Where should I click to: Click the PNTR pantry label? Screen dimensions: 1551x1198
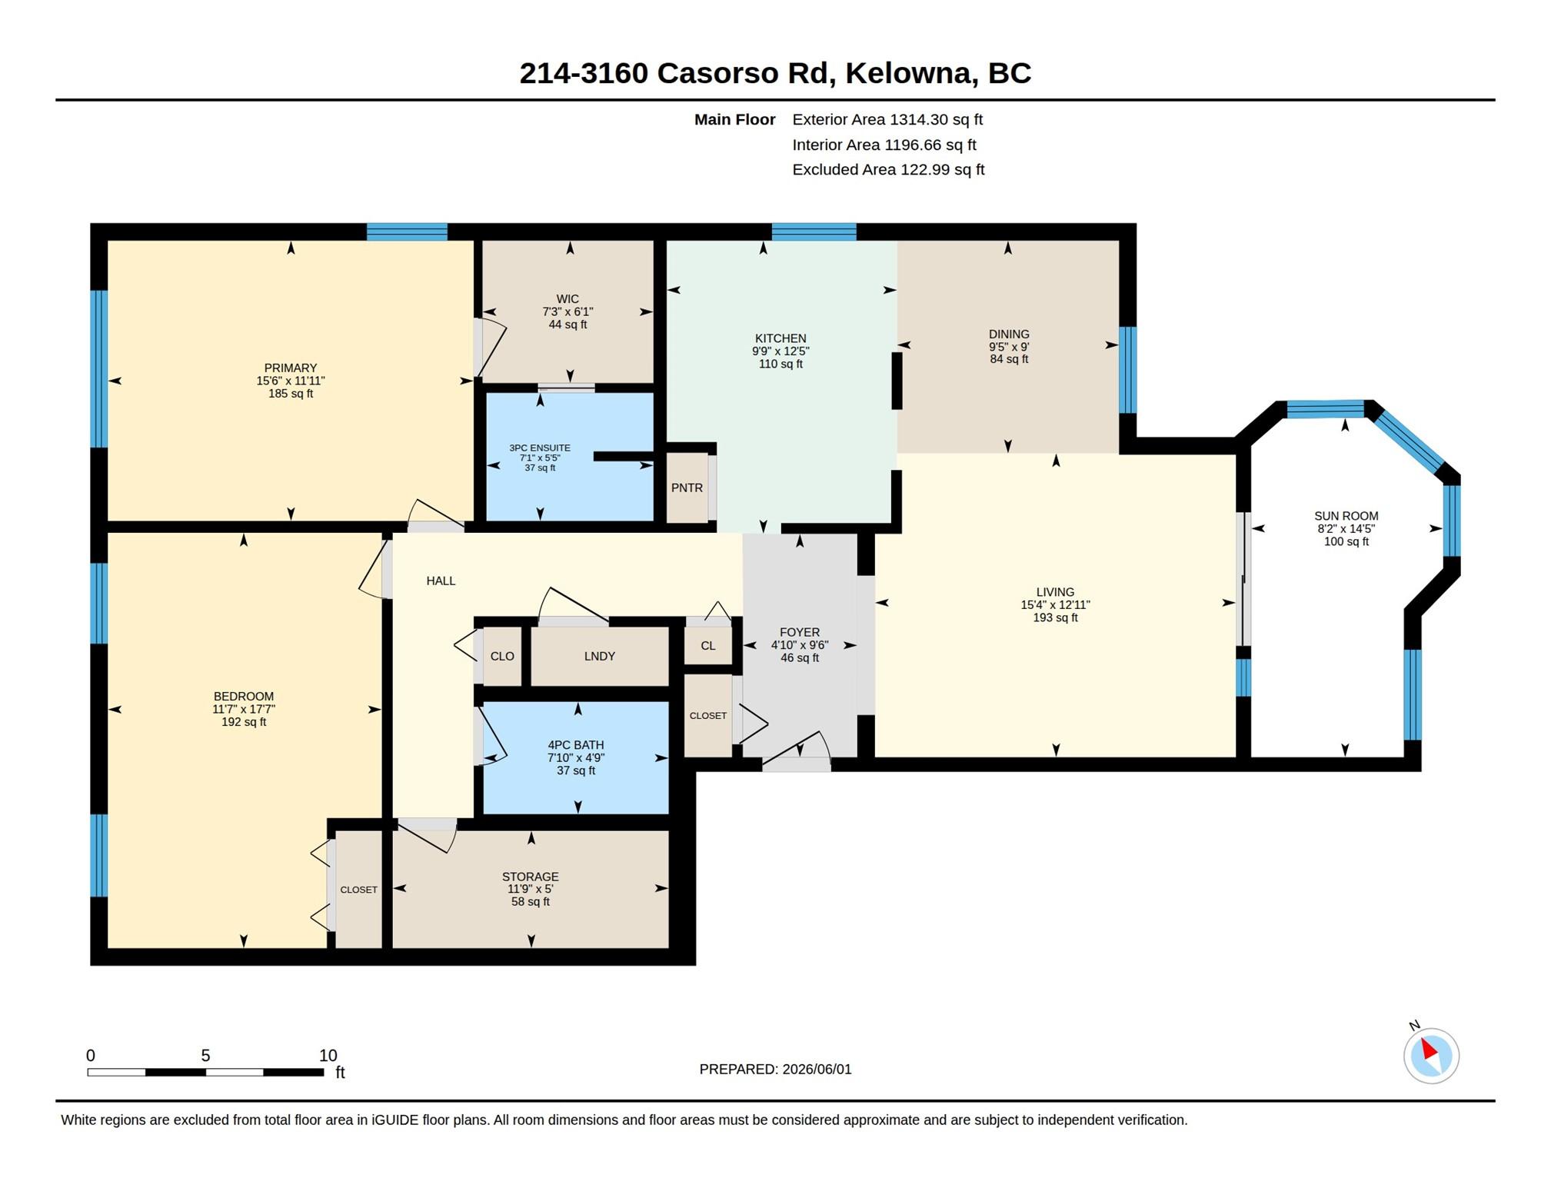[687, 488]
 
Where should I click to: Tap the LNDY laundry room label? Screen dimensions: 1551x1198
[599, 656]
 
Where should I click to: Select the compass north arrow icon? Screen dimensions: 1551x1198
[1430, 1055]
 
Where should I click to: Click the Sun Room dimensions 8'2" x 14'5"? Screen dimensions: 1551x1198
[1346, 529]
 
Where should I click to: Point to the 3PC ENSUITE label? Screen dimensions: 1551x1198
[540, 448]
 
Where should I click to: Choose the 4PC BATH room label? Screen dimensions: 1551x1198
[575, 744]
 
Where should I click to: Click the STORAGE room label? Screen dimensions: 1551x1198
[530, 877]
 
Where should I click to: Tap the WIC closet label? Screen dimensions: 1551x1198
[567, 299]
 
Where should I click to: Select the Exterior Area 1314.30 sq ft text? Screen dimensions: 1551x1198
[887, 119]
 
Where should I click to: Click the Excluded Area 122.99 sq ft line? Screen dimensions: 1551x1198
[888, 169]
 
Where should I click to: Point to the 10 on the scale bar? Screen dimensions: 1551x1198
[328, 1055]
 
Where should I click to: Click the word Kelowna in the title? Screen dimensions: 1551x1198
[911, 73]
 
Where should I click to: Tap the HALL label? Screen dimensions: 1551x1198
[441, 581]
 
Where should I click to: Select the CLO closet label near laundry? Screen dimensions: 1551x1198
[502, 656]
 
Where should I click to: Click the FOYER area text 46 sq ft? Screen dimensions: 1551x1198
[800, 658]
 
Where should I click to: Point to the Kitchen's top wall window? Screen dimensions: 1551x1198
[814, 231]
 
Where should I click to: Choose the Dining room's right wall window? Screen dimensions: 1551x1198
[1127, 370]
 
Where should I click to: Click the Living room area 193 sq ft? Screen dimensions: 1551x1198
[1055, 617]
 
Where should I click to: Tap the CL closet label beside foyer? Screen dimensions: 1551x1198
[707, 646]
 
